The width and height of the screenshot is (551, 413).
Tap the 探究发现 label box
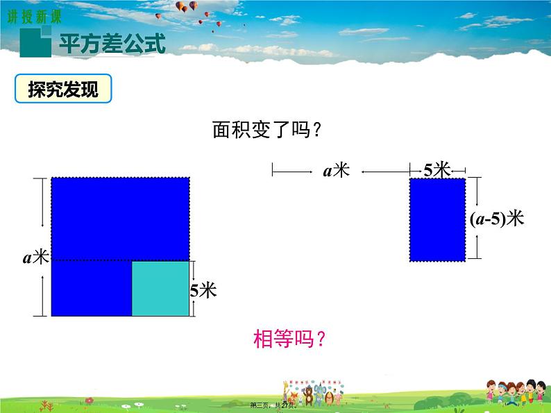pos(62,90)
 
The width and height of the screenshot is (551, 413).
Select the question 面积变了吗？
pos(267,130)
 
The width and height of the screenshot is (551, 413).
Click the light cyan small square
pos(160,288)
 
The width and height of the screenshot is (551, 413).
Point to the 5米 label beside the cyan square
pos(203,290)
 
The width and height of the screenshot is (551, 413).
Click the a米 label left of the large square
pos(36,258)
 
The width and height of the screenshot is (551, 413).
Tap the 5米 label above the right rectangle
pos(437,169)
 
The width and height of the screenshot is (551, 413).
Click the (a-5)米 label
pos(495,219)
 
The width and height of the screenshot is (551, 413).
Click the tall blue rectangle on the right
pos(437,219)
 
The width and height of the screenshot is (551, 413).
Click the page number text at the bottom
pos(276,405)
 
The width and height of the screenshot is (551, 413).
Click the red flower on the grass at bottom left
pos(90,401)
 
